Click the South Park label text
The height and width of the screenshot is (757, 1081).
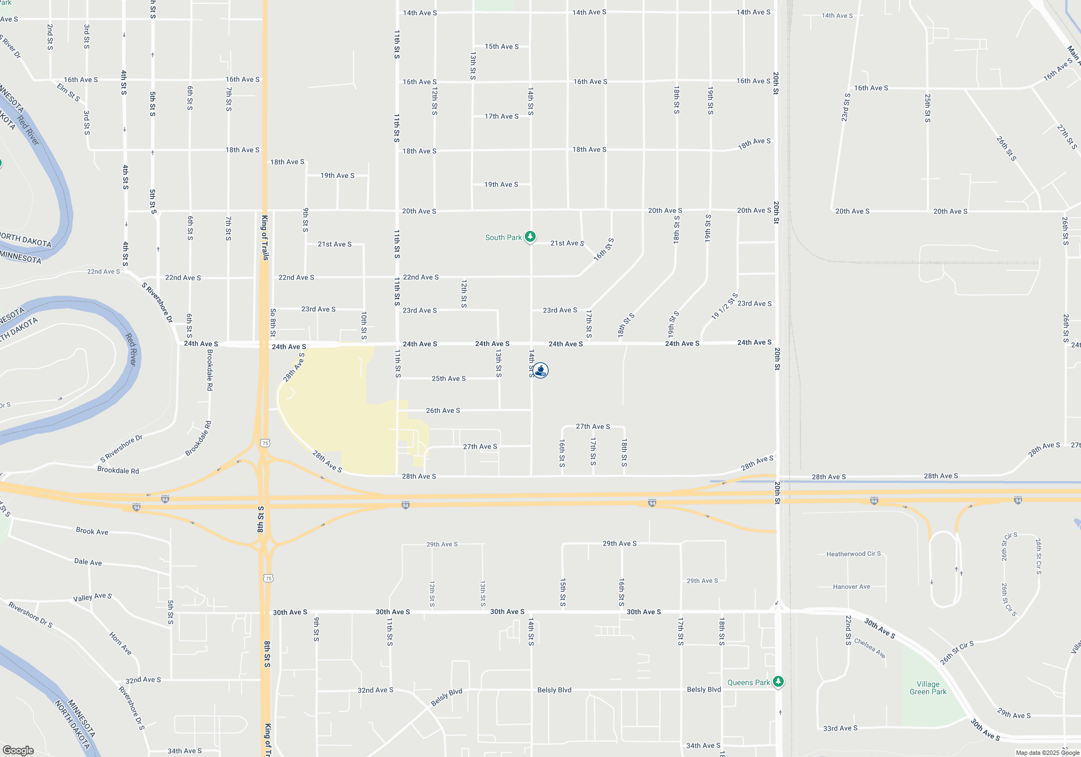pos(503,237)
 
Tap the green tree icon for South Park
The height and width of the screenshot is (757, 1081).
pos(531,237)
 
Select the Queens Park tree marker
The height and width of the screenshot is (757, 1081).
pos(778,681)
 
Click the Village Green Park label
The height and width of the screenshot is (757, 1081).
pos(928,688)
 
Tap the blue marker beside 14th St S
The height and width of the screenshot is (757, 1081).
pos(540,370)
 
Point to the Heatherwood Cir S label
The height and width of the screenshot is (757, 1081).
pos(853,554)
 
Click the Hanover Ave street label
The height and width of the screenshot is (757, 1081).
pos(851,587)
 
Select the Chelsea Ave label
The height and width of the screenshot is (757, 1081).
pos(870,648)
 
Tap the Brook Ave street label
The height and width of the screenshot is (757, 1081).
pos(92,531)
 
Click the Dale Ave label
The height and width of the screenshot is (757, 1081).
pos(88,562)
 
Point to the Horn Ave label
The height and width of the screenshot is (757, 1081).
pos(121,643)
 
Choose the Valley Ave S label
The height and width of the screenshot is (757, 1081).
pos(92,597)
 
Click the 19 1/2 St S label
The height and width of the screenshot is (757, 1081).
pos(724,307)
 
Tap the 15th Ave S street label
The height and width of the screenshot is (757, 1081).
pos(502,47)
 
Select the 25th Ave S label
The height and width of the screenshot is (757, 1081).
pos(449,378)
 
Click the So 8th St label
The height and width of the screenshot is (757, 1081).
pos(273,323)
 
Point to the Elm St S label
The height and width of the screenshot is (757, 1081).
pos(69,91)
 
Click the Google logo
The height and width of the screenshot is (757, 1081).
pos(18,750)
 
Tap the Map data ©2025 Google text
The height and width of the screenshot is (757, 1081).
pos(1047,753)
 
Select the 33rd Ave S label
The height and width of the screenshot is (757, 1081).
pos(840,728)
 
